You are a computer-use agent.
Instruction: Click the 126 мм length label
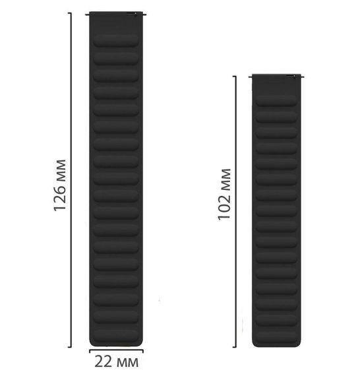point(59,185)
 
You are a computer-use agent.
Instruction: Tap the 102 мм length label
point(224,194)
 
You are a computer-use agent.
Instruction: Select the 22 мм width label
point(117,361)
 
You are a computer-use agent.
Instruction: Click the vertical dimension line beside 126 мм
point(71,180)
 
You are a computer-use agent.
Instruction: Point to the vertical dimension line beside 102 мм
point(235,212)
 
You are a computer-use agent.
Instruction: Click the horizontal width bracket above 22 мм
point(117,350)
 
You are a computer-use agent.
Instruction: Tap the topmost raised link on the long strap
point(116,40)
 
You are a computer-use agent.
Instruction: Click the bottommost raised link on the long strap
point(116,335)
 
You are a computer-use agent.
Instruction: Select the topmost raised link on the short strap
point(276,100)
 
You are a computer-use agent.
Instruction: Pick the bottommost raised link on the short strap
point(276,336)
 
